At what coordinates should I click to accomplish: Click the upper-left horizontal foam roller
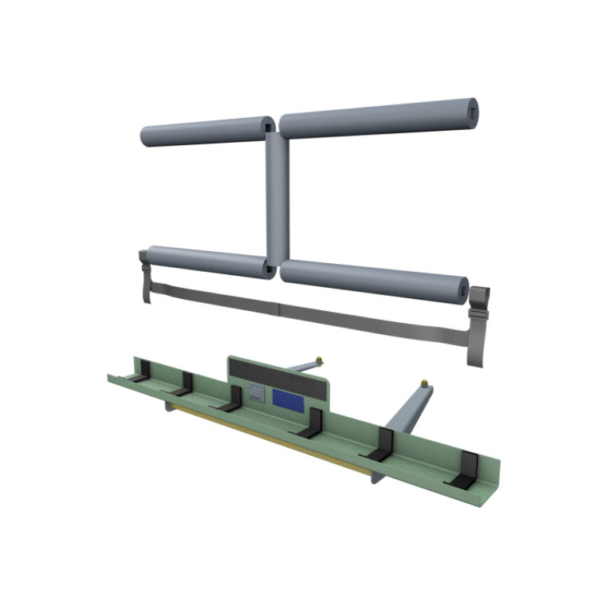tap(203, 132)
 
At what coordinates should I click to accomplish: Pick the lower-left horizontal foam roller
tap(207, 261)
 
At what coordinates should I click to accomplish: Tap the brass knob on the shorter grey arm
tap(319, 358)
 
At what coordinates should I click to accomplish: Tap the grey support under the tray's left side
tap(169, 407)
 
